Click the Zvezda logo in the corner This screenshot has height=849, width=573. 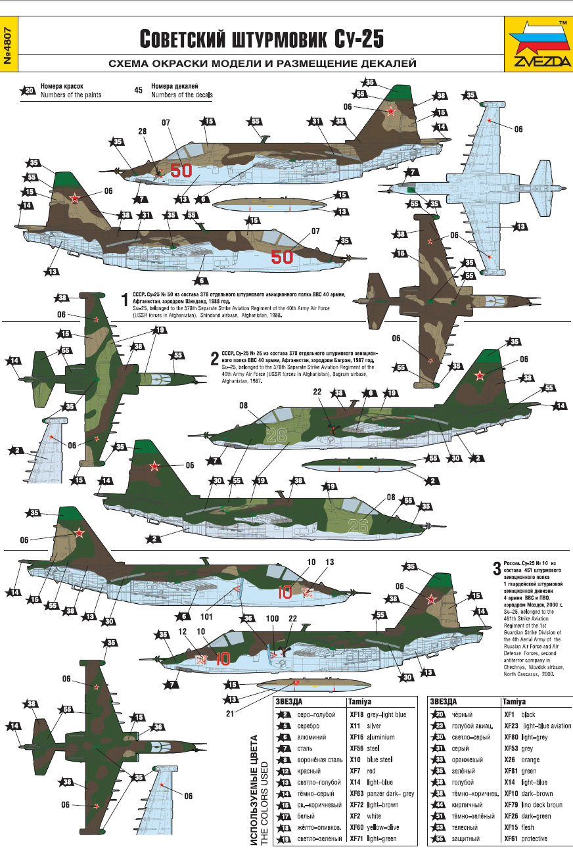click(538, 43)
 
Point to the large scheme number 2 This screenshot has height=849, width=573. click(214, 359)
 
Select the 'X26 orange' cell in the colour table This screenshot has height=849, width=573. click(518, 760)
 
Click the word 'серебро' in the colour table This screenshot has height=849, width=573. click(308, 726)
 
